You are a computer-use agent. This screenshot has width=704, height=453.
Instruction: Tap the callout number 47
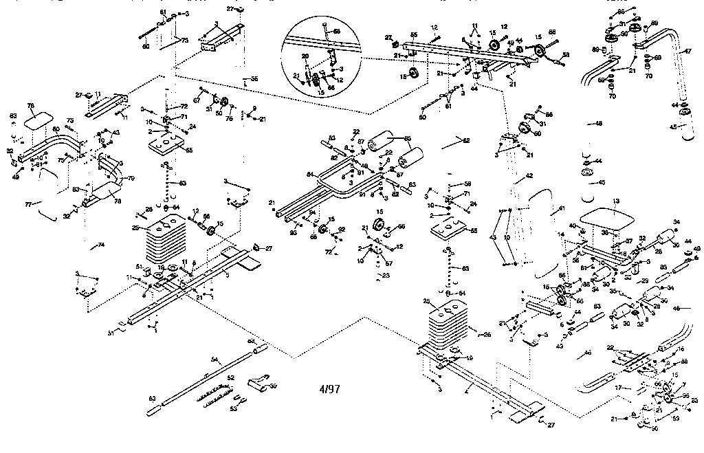coord(687,51)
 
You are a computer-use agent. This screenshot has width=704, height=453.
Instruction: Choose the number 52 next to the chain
coord(230,378)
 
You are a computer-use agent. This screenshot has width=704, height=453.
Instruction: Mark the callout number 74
coord(101,245)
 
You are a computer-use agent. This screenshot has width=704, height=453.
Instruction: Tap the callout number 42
coord(529,177)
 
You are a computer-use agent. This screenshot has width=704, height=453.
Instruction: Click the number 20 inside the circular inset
coord(306,56)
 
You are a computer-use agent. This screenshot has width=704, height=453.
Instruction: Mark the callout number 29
coord(645,280)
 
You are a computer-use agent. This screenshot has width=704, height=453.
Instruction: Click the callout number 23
coord(386,276)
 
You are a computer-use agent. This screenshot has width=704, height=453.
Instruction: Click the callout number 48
coord(598,124)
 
